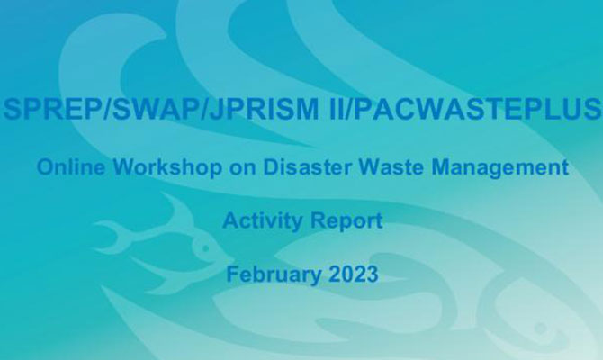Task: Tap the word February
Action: coord(266,273)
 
